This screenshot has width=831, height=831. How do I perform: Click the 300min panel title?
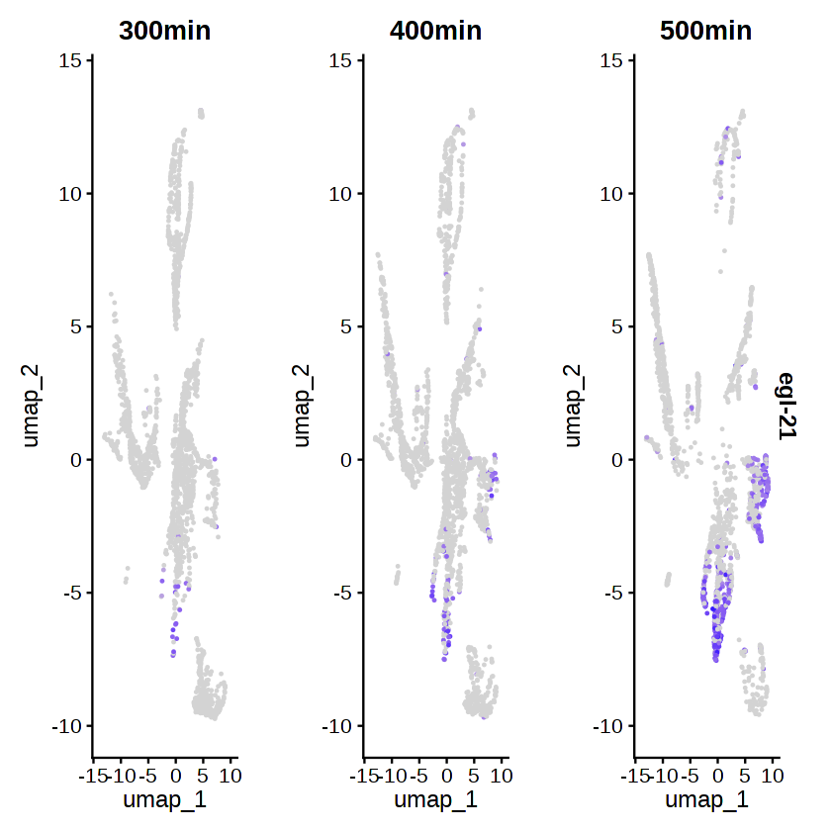[x=164, y=31]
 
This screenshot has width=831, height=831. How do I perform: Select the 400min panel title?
[x=435, y=31]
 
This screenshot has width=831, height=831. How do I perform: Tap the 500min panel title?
[x=706, y=31]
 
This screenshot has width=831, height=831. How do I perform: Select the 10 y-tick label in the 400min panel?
[x=342, y=194]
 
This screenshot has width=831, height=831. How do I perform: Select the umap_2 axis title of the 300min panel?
[x=33, y=407]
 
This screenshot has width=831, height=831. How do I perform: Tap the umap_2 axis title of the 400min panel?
[x=304, y=407]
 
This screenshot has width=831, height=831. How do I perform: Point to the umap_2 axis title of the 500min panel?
[x=574, y=407]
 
